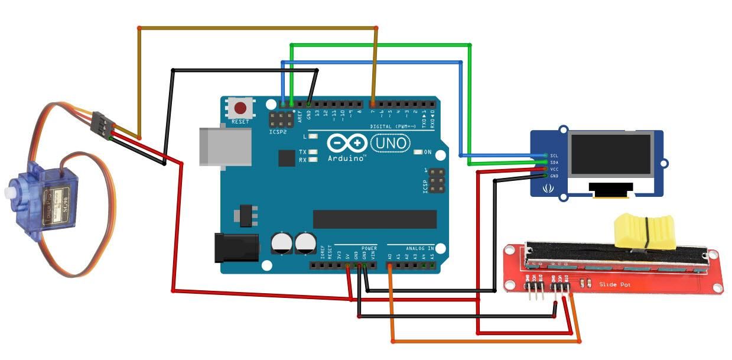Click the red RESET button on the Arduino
pyautogui.click(x=240, y=108)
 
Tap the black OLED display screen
pyautogui.click(x=610, y=154)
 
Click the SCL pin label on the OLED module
pyautogui.click(x=554, y=155)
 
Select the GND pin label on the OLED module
pyautogui.click(x=554, y=176)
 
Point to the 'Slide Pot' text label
pyautogui.click(x=614, y=284)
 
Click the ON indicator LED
pyautogui.click(x=419, y=153)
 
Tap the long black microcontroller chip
pyautogui.click(x=375, y=219)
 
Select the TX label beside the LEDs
pyautogui.click(x=302, y=152)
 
